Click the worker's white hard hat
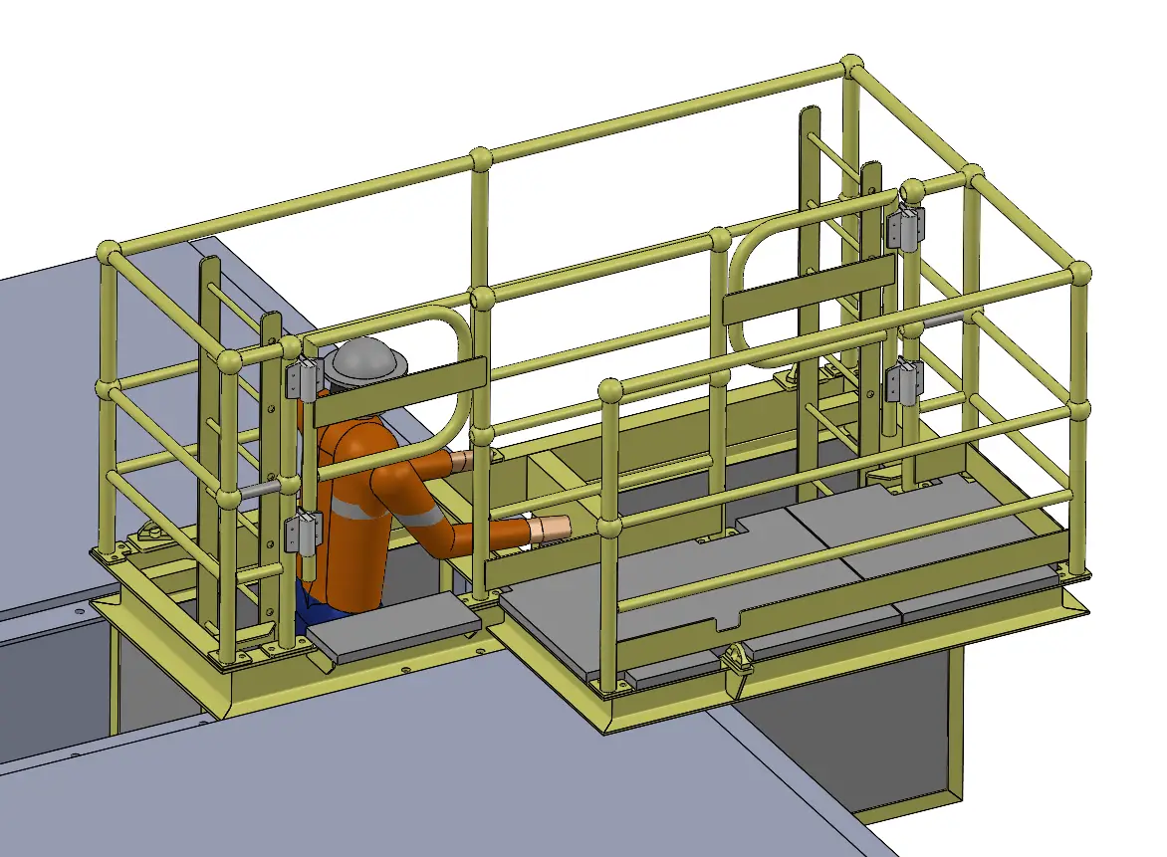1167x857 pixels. tap(366, 361)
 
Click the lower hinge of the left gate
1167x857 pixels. tap(303, 532)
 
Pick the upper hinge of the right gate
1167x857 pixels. tap(905, 227)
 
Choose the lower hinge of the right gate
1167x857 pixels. tap(905, 380)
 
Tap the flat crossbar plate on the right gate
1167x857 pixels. tap(808, 289)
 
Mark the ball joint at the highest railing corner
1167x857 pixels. tap(851, 67)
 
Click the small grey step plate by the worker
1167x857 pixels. tap(390, 629)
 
